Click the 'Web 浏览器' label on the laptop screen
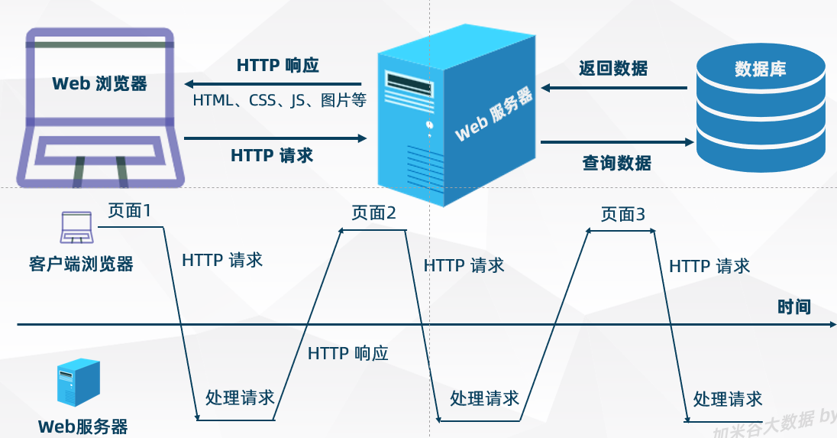[x=100, y=84]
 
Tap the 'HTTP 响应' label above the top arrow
[x=277, y=65]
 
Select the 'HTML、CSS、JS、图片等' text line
[x=280, y=100]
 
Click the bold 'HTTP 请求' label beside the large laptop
[x=272, y=155]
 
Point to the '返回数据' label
[x=613, y=68]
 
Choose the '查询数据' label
[x=616, y=162]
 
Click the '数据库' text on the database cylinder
[x=760, y=69]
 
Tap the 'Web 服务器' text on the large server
[x=494, y=114]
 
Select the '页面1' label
[x=130, y=210]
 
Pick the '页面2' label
[x=373, y=213]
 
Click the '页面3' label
[x=623, y=214]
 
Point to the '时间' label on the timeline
[x=794, y=307]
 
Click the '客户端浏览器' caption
[x=81, y=264]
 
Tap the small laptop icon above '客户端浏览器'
[x=77, y=227]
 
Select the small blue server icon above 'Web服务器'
[x=79, y=382]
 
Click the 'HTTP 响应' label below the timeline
[x=348, y=353]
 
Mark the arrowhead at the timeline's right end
[x=833, y=324]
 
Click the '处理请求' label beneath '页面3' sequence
[x=728, y=399]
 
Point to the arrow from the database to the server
[x=614, y=88]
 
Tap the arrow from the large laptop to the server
[x=276, y=138]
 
